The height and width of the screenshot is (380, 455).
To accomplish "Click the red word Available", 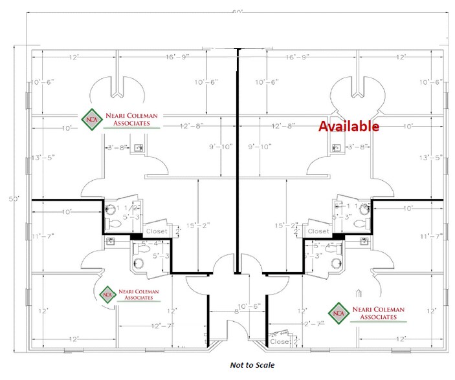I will coord(348,126).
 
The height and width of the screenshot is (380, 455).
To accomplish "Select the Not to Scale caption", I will coord(252,365).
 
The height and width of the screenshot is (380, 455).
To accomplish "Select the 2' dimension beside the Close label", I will coord(296,340).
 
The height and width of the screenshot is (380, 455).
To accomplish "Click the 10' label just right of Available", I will coord(407,127).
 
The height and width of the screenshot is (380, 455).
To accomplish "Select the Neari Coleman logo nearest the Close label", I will coord(367,312).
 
